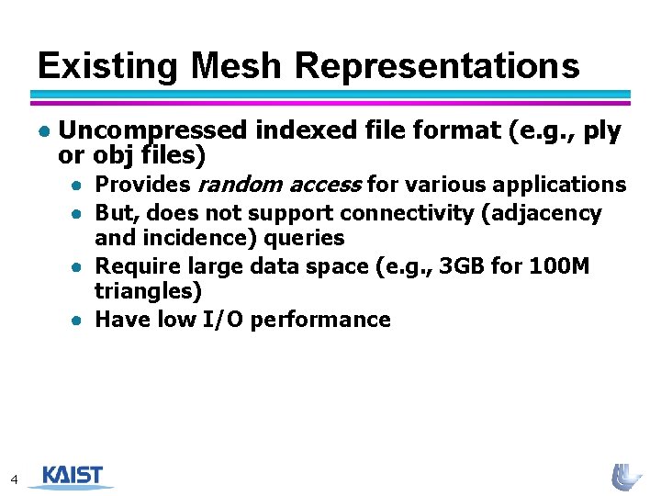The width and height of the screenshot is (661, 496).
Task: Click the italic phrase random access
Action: click(279, 185)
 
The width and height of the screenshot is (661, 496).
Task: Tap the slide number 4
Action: click(14, 479)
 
